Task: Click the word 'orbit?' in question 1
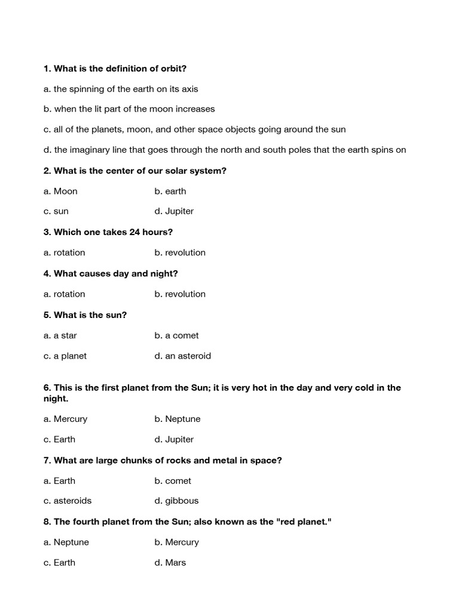pyautogui.click(x=173, y=69)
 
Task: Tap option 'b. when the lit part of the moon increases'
pyautogui.click(x=129, y=109)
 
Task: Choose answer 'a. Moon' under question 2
pyautogui.click(x=60, y=191)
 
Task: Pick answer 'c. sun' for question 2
pyautogui.click(x=56, y=211)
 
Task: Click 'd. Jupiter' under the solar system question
pyautogui.click(x=174, y=211)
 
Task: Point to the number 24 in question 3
pyautogui.click(x=135, y=232)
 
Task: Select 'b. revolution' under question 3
pyautogui.click(x=180, y=252)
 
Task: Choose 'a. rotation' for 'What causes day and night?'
pyautogui.click(x=65, y=294)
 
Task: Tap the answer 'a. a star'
pyautogui.click(x=60, y=335)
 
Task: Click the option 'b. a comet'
pyautogui.click(x=176, y=335)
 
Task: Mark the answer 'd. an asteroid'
pyautogui.click(x=182, y=356)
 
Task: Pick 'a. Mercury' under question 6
pyautogui.click(x=66, y=419)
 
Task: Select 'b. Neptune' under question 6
pyautogui.click(x=178, y=419)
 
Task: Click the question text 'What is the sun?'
pyautogui.click(x=90, y=314)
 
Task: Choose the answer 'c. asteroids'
pyautogui.click(x=68, y=501)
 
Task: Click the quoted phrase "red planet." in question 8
pyautogui.click(x=304, y=521)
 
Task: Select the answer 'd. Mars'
pyautogui.click(x=170, y=562)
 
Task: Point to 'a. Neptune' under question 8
pyautogui.click(x=66, y=542)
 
